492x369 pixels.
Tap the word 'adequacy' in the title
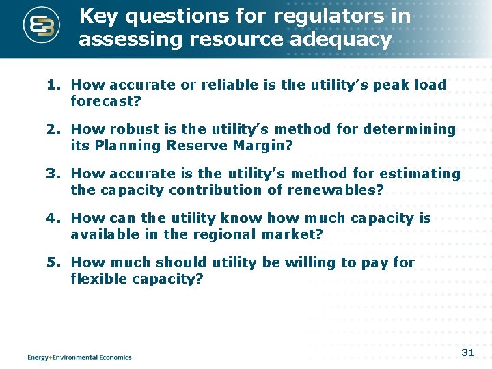pos(341,40)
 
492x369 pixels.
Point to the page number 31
pos(467,353)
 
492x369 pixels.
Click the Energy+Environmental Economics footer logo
pos(79,357)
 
